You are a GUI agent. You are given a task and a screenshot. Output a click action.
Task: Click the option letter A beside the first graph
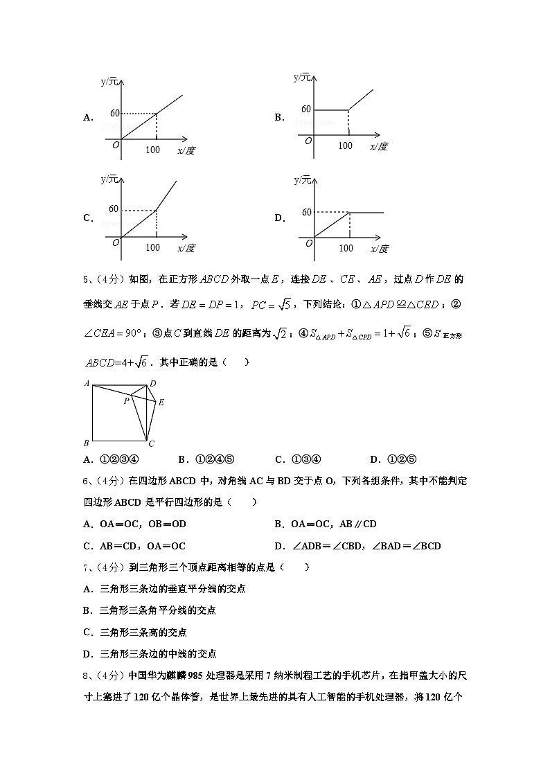(88, 118)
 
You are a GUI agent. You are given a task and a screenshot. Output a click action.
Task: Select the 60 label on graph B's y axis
(306, 109)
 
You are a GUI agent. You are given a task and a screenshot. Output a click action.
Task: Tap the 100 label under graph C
(153, 248)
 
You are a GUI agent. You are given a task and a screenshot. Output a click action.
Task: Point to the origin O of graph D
(308, 240)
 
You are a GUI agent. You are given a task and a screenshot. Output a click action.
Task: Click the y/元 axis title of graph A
(109, 82)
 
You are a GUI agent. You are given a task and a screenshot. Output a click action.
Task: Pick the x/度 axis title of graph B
(378, 146)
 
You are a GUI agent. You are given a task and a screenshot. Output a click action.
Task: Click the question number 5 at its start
(85, 280)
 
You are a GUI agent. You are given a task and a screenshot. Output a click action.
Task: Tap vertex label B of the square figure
(86, 443)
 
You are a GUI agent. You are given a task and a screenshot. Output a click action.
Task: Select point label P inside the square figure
(126, 400)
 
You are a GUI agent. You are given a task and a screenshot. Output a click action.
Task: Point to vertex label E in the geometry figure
(161, 403)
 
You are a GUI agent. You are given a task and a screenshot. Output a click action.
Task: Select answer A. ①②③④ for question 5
(112, 459)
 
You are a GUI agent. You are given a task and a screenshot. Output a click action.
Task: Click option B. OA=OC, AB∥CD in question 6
(326, 524)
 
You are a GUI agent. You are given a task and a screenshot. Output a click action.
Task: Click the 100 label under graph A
(153, 150)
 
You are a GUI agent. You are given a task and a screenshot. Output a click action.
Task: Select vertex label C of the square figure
(151, 444)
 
